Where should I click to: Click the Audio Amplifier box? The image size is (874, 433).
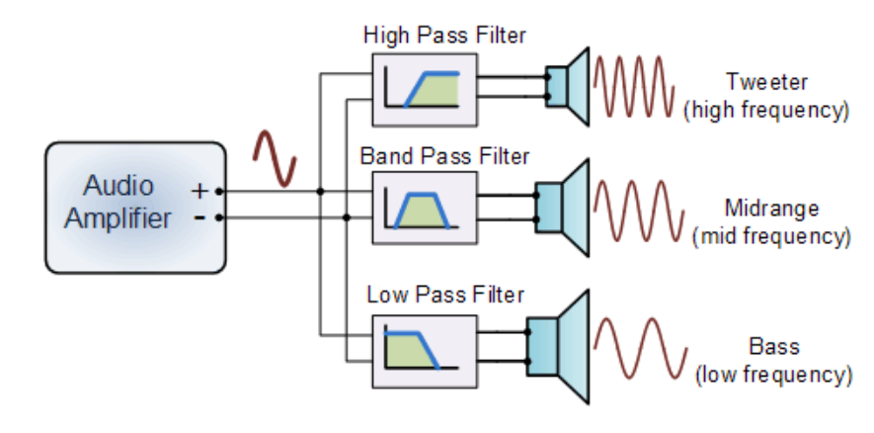134,207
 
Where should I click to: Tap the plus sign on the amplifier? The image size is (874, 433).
200,189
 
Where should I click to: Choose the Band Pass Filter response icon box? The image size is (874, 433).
424,208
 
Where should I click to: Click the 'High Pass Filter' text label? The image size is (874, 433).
444,36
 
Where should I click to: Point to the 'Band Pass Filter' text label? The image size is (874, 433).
444,156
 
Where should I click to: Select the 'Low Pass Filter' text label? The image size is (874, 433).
444,294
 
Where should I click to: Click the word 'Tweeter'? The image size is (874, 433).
765,81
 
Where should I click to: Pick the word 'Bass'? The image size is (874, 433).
773,347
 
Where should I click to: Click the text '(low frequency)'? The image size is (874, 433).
773,375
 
